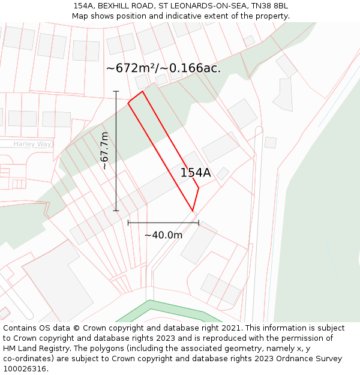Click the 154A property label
[x=196, y=173]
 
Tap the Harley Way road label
[x=32, y=144]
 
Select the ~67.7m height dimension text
[x=104, y=151]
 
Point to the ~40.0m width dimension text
[x=163, y=235]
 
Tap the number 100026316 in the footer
[x=25, y=369]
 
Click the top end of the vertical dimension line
[x=116, y=91]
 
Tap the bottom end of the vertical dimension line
[x=116, y=211]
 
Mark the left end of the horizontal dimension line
[x=128, y=223]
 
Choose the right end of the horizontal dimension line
[x=199, y=223]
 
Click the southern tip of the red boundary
[x=193, y=211]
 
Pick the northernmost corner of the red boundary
[x=142, y=91]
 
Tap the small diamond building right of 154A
[x=223, y=173]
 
